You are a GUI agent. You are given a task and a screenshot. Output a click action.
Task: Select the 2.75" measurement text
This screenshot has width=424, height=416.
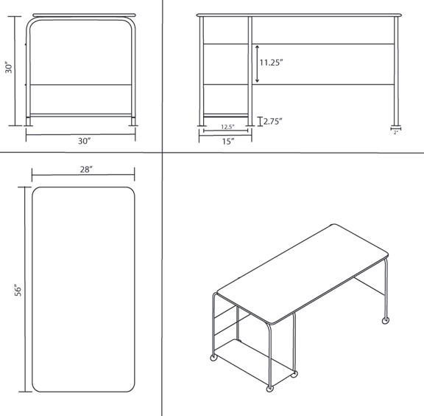274,121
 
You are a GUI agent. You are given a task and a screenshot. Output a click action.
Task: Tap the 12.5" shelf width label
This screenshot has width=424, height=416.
228,127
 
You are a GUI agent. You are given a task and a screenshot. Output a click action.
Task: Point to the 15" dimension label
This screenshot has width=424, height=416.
227,140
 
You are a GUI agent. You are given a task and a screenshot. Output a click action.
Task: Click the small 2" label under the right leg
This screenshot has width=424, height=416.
396,132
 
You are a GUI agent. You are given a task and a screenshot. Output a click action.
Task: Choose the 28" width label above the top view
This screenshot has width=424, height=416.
86,170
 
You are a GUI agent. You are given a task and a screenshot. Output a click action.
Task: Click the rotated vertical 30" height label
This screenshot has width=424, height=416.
9,67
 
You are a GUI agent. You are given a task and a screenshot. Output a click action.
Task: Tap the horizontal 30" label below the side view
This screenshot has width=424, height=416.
84,140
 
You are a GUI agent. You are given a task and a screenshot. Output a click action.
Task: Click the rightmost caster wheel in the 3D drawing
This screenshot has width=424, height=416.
385,320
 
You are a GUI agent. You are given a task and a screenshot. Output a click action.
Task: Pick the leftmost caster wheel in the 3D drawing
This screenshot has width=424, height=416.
214,358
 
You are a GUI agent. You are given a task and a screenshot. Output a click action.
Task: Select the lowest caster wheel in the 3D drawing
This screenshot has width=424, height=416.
269,387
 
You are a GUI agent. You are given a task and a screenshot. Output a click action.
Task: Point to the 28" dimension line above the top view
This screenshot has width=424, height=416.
83,176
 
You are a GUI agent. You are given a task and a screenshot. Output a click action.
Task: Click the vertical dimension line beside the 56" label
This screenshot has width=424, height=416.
26,290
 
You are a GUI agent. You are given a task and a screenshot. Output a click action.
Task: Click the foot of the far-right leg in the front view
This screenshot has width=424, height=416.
396,122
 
